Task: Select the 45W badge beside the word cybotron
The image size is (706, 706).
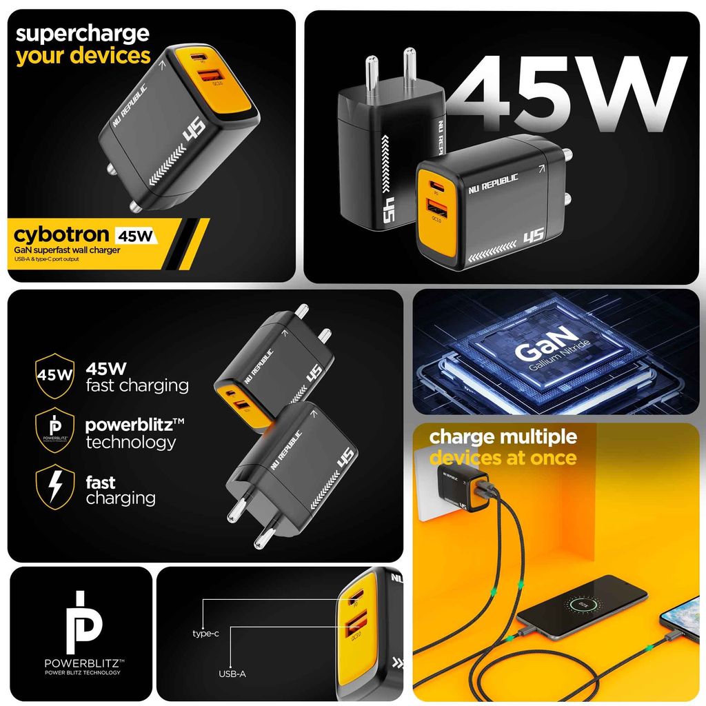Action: click(x=136, y=236)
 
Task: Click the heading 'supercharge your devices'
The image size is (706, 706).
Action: click(x=83, y=44)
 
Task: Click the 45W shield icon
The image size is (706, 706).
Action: click(x=55, y=375)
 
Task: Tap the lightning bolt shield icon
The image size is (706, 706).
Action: click(x=55, y=487)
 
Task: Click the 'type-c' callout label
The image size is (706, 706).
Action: click(x=205, y=632)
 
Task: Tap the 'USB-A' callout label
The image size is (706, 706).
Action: click(x=232, y=673)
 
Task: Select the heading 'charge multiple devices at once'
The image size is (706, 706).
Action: click(x=503, y=447)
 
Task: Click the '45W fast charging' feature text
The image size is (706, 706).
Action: click(x=137, y=376)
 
